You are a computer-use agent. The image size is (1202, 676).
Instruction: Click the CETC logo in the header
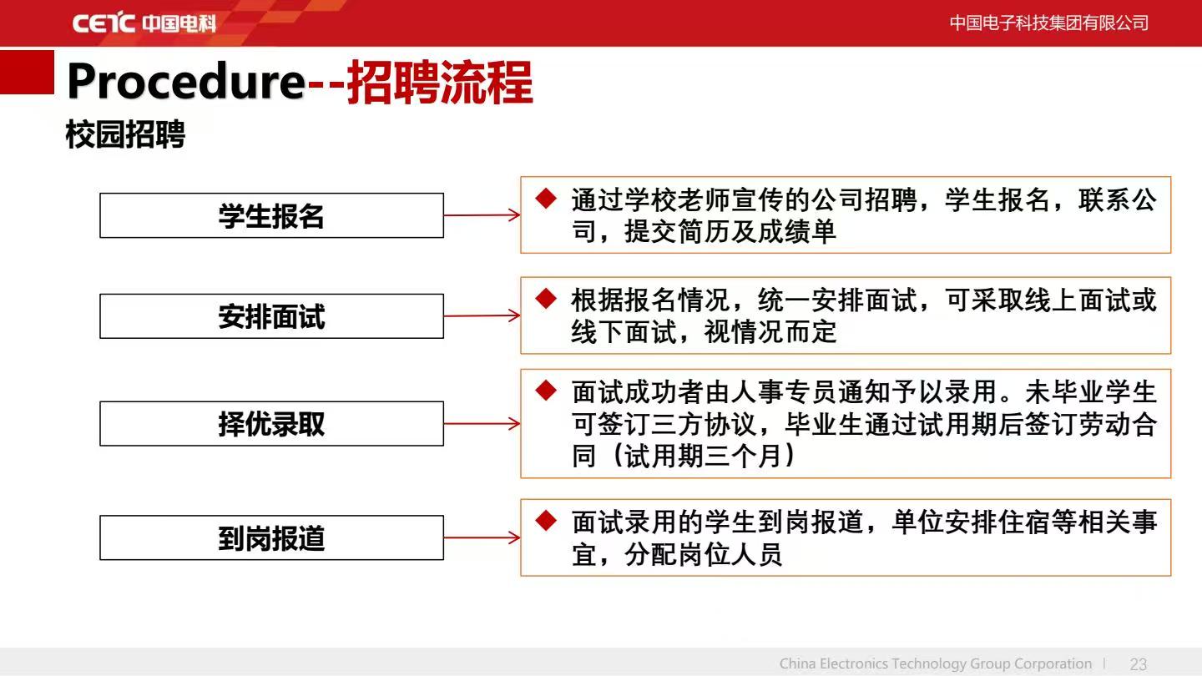(x=144, y=23)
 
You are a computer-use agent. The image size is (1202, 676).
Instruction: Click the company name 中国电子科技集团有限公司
(x=1049, y=23)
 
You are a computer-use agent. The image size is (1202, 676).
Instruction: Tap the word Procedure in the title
(x=186, y=82)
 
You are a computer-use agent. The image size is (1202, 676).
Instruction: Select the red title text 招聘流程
(x=440, y=82)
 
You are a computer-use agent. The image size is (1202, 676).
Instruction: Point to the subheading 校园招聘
(x=125, y=134)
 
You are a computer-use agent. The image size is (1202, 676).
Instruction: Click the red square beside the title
(x=27, y=72)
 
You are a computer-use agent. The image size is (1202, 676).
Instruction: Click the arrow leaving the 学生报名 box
(x=482, y=215)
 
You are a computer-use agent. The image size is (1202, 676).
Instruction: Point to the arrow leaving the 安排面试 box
(x=482, y=315)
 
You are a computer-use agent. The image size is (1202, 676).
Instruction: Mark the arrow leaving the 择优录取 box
(x=482, y=424)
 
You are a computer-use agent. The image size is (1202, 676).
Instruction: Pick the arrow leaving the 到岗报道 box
(x=482, y=537)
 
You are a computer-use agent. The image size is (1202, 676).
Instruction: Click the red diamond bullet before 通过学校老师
(x=546, y=199)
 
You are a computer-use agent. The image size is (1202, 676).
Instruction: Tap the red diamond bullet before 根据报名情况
(x=546, y=299)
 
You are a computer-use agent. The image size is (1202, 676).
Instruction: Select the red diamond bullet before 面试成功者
(x=546, y=390)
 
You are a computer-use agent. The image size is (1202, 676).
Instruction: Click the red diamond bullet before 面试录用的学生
(x=546, y=521)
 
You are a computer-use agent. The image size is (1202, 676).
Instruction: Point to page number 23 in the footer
(x=1139, y=664)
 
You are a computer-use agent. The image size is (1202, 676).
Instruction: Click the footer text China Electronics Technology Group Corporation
(x=935, y=663)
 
